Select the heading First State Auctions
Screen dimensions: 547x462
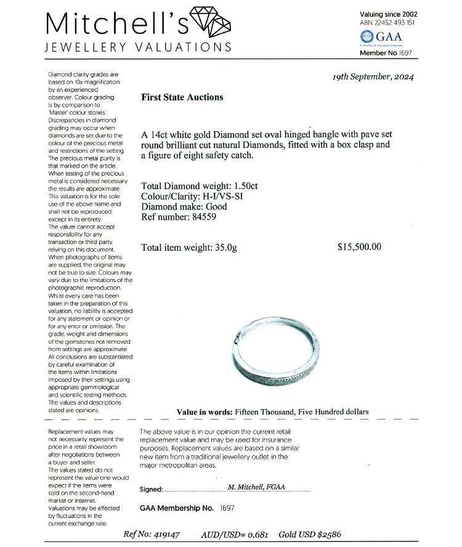182,97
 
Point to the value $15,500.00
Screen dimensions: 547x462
360,247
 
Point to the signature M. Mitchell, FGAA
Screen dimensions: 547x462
256,487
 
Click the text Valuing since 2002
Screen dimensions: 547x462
388,14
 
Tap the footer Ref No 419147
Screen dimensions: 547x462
152,535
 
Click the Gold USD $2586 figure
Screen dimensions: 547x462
310,535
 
